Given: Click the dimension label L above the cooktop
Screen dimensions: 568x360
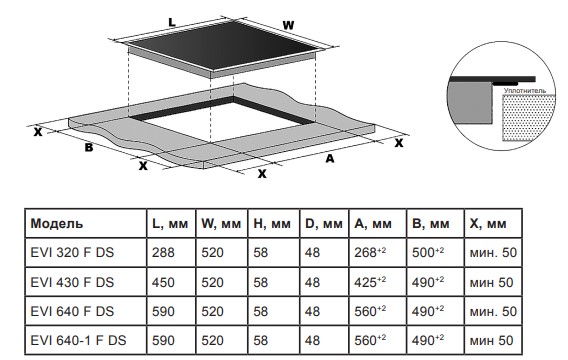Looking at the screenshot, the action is pyautogui.click(x=172, y=22).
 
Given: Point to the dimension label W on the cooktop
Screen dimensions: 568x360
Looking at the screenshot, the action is pyautogui.click(x=288, y=25).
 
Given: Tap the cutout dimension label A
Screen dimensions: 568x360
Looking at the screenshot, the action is pyautogui.click(x=330, y=158).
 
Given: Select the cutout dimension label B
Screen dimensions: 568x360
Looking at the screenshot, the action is pyautogui.click(x=89, y=147).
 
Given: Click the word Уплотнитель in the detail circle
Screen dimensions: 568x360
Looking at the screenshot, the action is pyautogui.click(x=525, y=91).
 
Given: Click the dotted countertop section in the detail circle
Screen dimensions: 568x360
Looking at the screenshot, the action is pyautogui.click(x=529, y=118).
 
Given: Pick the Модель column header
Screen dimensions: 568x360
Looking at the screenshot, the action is pyautogui.click(x=57, y=223).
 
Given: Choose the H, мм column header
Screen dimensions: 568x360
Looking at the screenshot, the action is pyautogui.click(x=272, y=223).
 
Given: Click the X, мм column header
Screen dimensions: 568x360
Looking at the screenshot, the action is pyautogui.click(x=488, y=223).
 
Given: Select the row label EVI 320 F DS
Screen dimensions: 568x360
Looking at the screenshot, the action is pyautogui.click(x=72, y=252).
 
